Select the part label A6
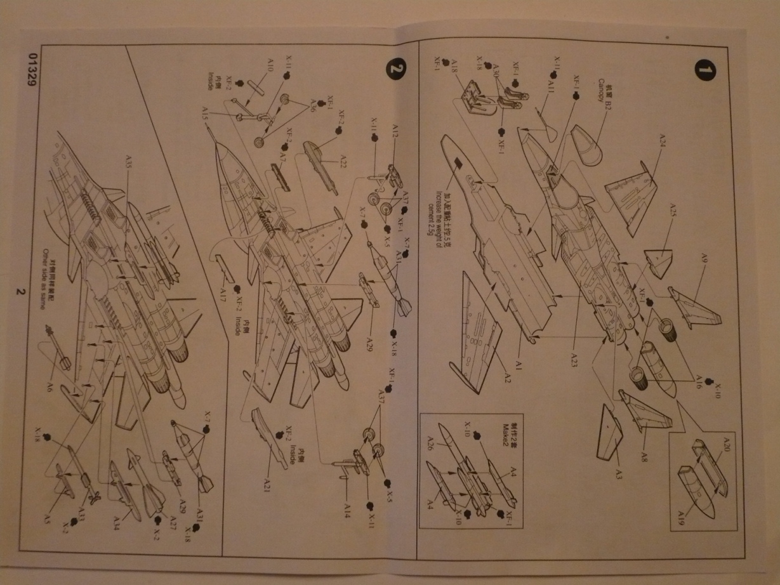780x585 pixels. coord(48,386)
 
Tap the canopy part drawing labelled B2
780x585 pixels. coord(590,146)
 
